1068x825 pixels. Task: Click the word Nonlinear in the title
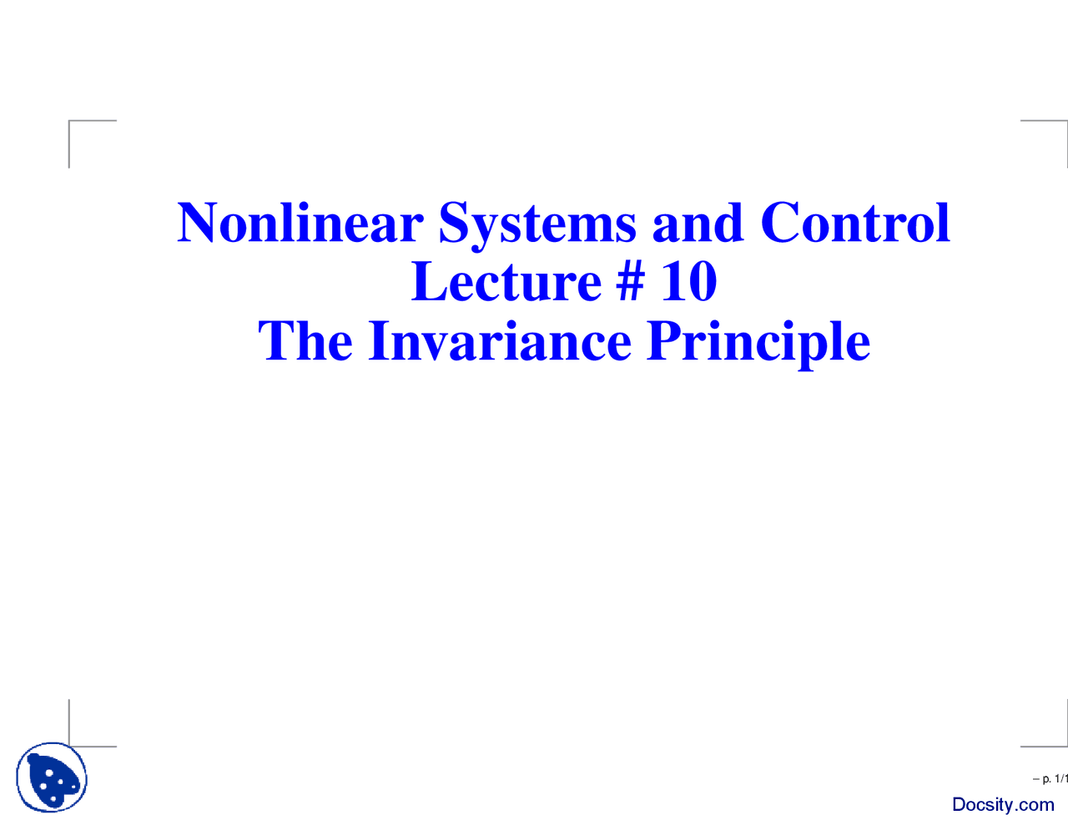click(300, 223)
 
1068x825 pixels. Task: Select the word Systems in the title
click(537, 227)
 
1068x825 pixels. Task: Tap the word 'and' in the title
click(698, 223)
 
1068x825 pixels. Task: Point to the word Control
click(855, 223)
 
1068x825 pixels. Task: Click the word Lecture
click(506, 281)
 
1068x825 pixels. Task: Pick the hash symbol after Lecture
click(630, 281)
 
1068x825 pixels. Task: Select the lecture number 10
click(689, 281)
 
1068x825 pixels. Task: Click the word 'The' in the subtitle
click(305, 340)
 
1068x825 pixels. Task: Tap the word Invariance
click(500, 340)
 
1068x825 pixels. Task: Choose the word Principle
click(758, 344)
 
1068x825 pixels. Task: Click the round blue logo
click(52, 777)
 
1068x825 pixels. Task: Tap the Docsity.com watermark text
click(1003, 804)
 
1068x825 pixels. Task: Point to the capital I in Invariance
click(379, 340)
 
